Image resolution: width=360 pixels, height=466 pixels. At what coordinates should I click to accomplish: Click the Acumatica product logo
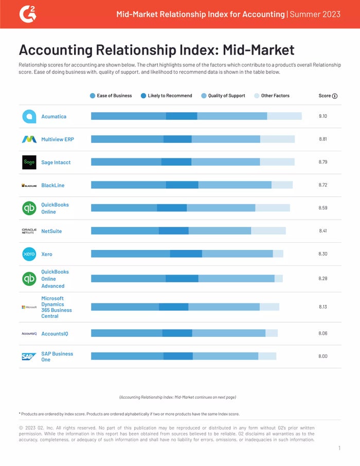tap(29, 116)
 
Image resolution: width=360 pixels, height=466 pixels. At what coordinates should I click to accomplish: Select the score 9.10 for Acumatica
tap(323, 116)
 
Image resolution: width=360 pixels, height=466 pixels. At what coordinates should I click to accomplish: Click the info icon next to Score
tap(335, 96)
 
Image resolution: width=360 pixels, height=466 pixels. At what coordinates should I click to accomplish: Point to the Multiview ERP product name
tap(57, 139)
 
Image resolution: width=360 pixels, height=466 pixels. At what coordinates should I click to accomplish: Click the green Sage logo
tap(29, 162)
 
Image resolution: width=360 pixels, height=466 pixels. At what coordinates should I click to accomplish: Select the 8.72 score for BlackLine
tap(323, 185)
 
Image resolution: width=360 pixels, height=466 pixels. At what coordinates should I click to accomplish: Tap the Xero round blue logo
tap(29, 254)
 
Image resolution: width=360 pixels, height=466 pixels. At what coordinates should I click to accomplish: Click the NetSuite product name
tap(51, 231)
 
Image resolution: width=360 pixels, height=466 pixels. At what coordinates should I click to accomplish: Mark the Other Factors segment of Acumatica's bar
tap(284, 116)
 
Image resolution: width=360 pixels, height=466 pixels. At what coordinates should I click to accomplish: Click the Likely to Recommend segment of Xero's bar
tap(186, 254)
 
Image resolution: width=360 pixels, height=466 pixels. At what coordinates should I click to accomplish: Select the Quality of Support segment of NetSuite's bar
tap(220, 231)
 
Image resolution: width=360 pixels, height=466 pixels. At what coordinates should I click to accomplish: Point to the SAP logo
tap(29, 357)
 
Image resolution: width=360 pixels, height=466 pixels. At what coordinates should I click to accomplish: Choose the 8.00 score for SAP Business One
tap(323, 356)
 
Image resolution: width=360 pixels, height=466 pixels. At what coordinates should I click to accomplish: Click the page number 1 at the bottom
tap(339, 449)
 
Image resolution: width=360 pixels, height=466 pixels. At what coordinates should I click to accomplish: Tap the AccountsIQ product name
tap(55, 334)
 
